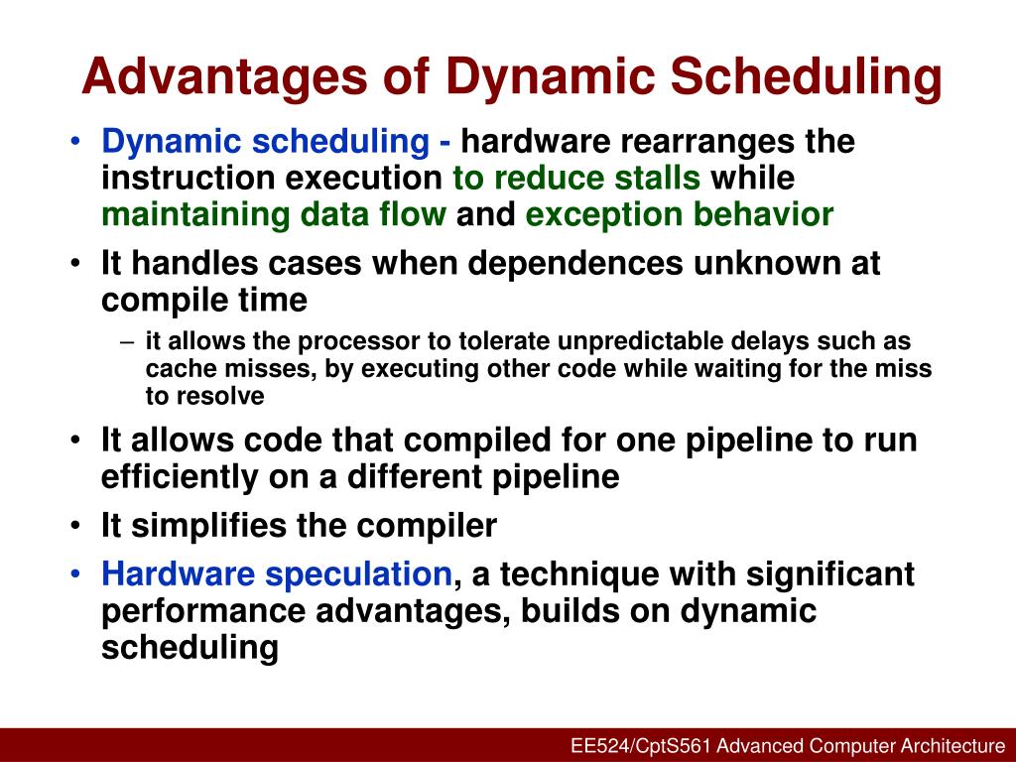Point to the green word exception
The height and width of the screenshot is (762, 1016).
607,214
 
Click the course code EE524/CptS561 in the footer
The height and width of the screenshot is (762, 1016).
641,746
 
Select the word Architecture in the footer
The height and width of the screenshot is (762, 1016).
952,746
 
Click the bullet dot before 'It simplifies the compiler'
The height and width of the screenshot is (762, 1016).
78,526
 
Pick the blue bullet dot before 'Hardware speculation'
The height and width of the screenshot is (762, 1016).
78,574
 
